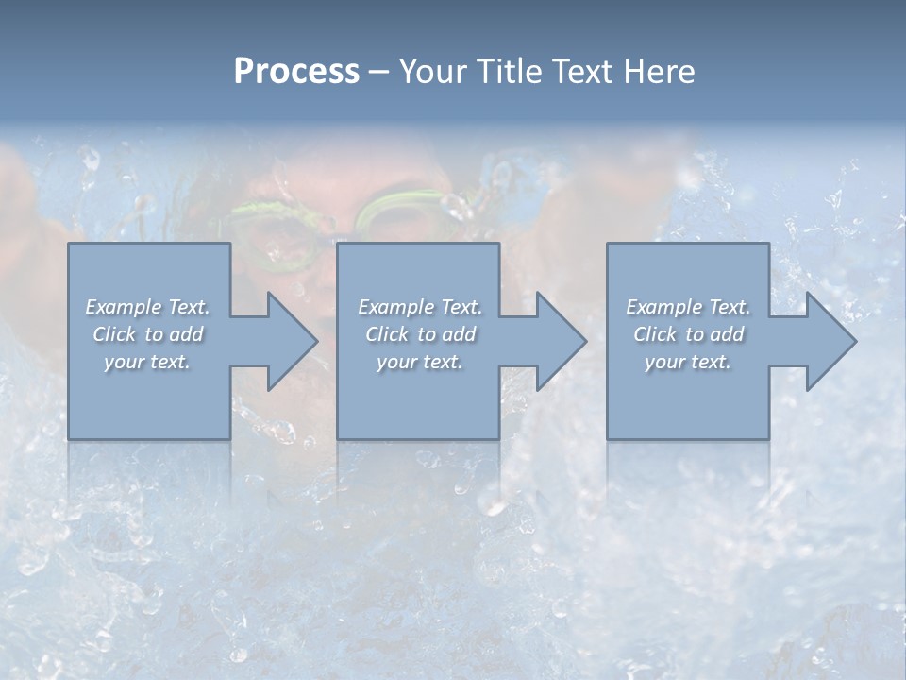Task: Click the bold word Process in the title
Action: [296, 71]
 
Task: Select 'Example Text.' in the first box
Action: [147, 307]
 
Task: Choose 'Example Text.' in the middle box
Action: [419, 307]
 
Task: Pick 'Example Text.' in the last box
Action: [688, 307]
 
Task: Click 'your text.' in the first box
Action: [147, 362]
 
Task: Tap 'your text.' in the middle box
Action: [419, 362]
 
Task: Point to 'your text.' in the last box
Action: [688, 362]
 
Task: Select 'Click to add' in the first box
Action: [147, 334]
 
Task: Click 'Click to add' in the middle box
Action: [419, 334]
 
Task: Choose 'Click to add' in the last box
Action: [688, 334]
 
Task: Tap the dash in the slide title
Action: [378, 72]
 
